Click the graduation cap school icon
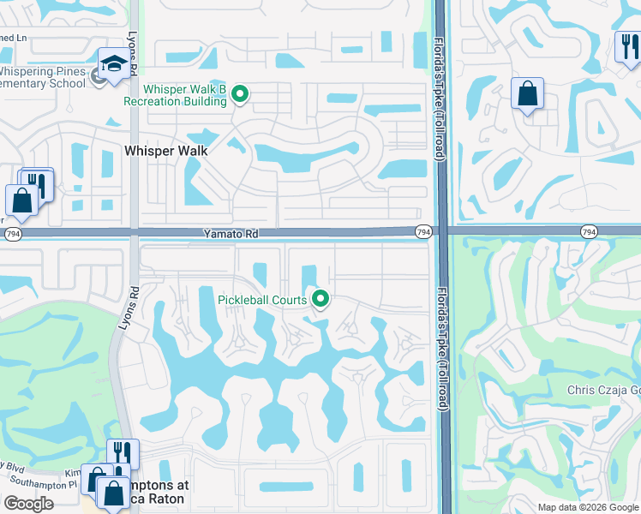pos(114,63)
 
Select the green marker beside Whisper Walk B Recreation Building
pos(241,94)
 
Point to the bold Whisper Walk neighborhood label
pos(166,150)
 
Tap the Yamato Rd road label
pos(231,232)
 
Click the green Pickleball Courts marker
pos(321,299)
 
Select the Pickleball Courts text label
pos(261,300)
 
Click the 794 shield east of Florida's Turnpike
pos(588,232)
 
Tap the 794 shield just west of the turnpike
pos(423,232)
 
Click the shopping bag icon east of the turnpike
pos(527,93)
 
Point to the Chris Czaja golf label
pos(603,391)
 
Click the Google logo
pos(29,504)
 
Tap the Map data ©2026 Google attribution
pos(588,507)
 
